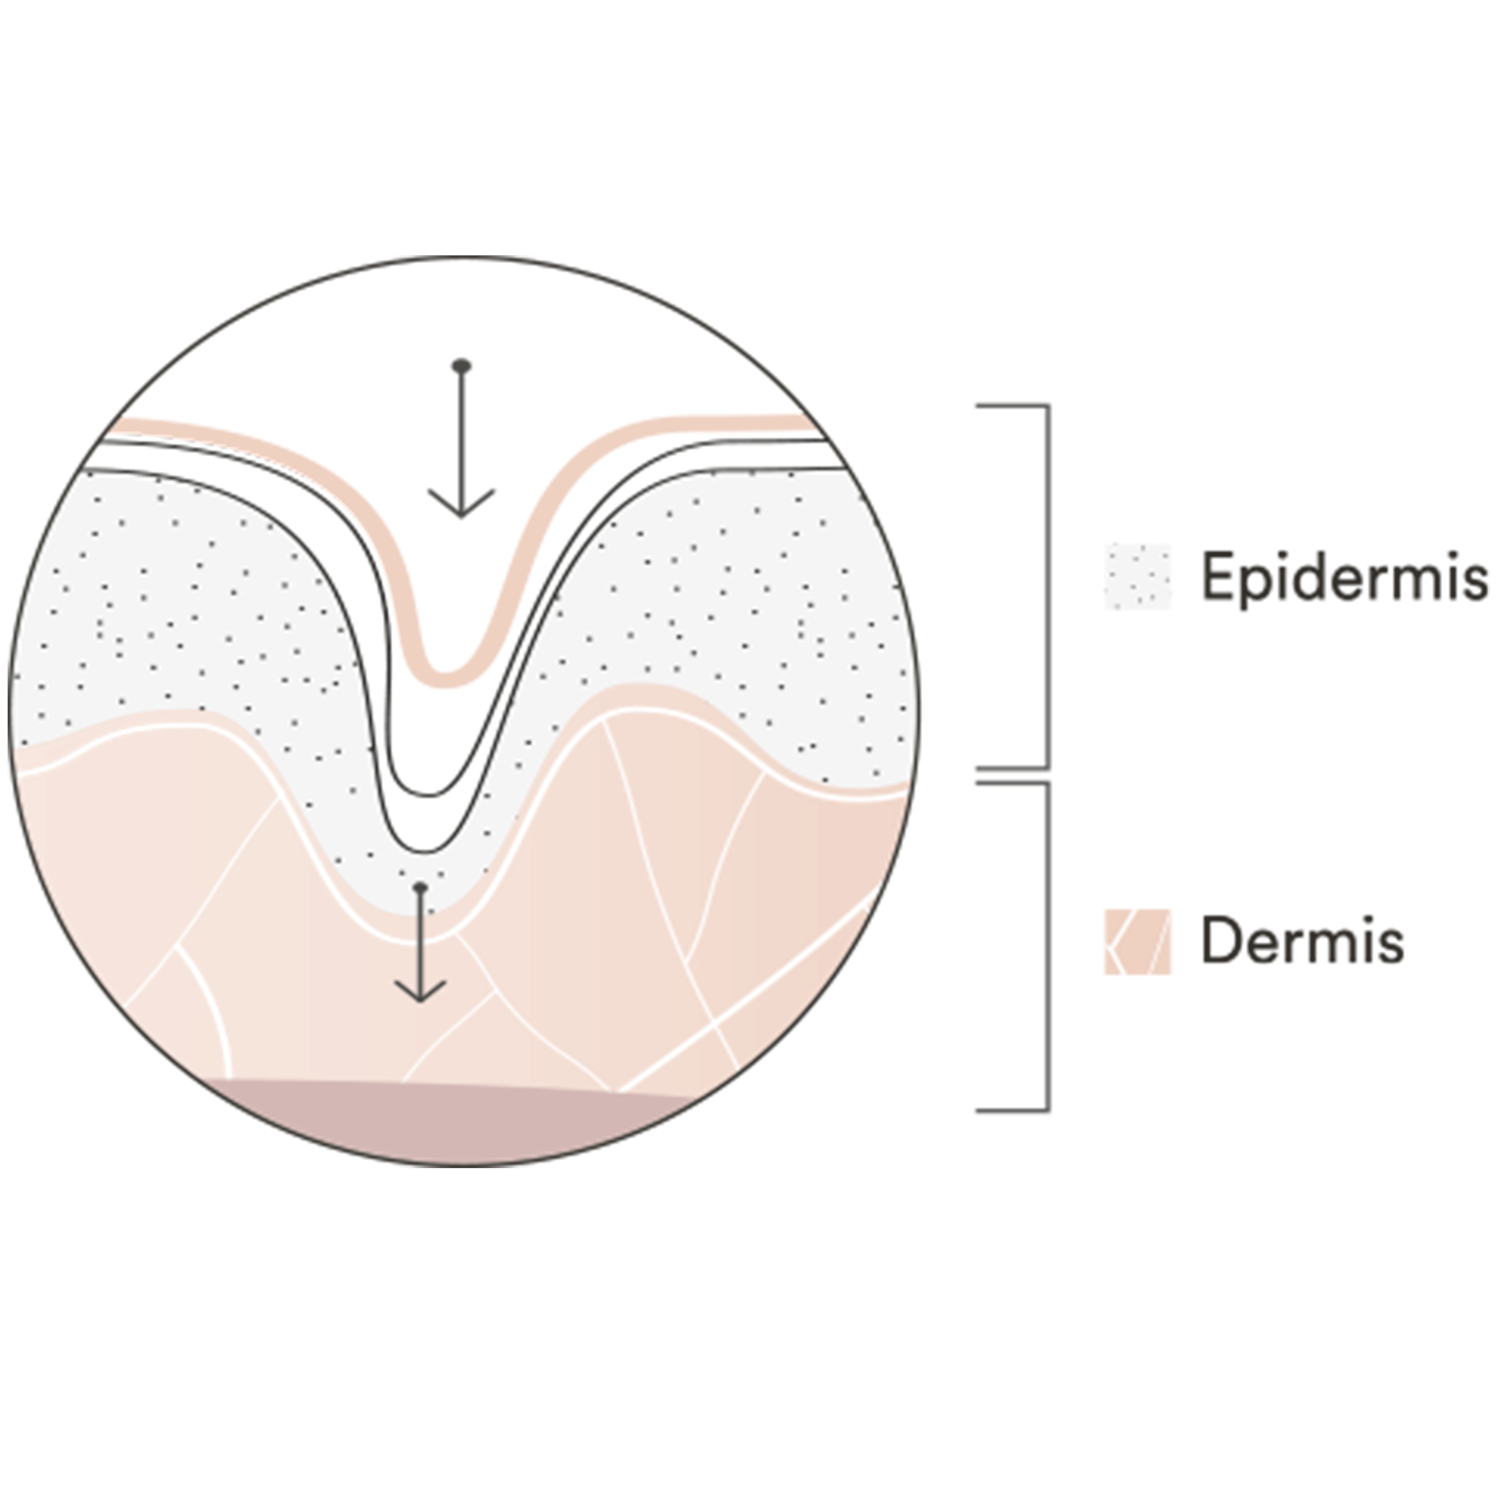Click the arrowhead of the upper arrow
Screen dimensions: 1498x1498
pos(461,504)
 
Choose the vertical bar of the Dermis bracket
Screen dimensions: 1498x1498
pos(1048,947)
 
